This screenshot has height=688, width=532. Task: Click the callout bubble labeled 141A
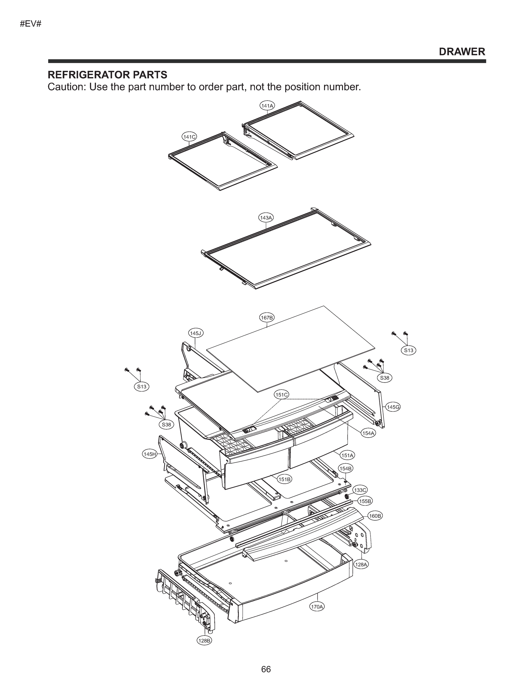267,105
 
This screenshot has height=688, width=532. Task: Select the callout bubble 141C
189,137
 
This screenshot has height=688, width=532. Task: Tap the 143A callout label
266,217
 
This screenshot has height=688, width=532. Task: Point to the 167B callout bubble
267,317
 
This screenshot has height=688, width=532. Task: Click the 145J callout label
196,333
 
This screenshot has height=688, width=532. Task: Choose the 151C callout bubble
281,395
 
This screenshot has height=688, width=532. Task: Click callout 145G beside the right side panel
393,407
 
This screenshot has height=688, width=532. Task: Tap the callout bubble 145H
149,454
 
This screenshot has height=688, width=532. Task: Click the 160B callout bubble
375,516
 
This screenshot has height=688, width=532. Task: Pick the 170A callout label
317,606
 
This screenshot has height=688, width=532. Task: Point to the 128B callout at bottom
204,640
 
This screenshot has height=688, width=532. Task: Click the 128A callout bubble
361,564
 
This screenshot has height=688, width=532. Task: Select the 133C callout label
360,490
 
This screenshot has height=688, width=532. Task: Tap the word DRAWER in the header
462,52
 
